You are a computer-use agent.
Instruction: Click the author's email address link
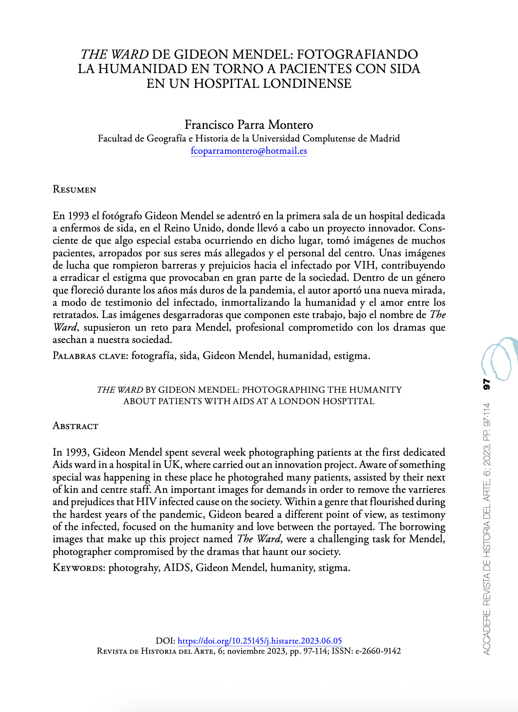pos(249,151)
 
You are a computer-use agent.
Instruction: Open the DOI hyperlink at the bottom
pos(259,641)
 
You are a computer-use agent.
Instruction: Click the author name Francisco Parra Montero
pos(249,125)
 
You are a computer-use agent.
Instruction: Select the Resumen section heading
pos(74,190)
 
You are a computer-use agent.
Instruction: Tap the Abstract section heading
pos(75,426)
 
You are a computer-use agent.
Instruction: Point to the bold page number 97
pos(486,385)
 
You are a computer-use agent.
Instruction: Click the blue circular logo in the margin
pos(499,359)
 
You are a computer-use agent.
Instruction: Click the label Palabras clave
pos(90,356)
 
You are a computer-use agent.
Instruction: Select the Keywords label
pos(78,568)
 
